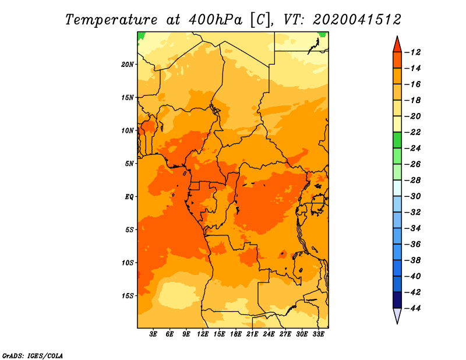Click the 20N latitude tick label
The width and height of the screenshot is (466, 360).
click(x=128, y=65)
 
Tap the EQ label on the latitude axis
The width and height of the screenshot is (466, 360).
click(x=129, y=197)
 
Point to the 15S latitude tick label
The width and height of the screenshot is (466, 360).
click(x=128, y=296)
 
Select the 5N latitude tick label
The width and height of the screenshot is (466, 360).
click(x=129, y=164)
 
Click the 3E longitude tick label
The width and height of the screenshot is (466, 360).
click(x=153, y=334)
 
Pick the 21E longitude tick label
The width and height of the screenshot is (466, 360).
click(x=252, y=334)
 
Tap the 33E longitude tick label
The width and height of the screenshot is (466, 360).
click(x=318, y=334)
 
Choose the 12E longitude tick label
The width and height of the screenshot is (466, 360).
click(x=202, y=334)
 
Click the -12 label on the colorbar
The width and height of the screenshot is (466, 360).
click(x=412, y=52)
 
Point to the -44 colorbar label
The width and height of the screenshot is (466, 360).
click(x=412, y=308)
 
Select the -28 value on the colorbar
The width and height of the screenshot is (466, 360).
click(x=412, y=181)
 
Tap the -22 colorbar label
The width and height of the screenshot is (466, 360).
click(x=412, y=132)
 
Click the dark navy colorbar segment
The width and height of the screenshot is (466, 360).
click(x=397, y=300)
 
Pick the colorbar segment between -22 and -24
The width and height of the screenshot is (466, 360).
click(x=397, y=140)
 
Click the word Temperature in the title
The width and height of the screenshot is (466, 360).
click(x=111, y=20)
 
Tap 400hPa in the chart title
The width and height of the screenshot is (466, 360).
click(x=215, y=20)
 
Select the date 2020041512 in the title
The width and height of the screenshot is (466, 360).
click(x=357, y=20)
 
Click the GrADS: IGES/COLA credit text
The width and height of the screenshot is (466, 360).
click(x=33, y=355)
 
